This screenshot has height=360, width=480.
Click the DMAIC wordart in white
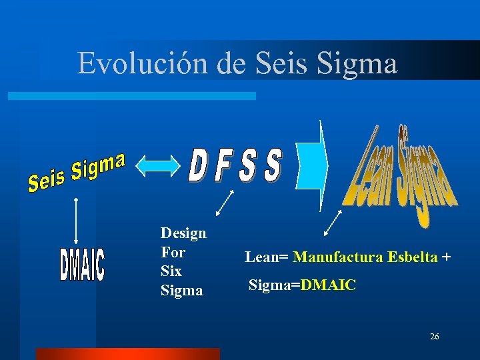(x=82, y=263)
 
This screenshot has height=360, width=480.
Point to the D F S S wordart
(x=235, y=165)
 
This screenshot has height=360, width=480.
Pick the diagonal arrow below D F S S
(x=225, y=203)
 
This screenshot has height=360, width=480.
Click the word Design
(x=183, y=233)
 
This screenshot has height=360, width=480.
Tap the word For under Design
(x=173, y=253)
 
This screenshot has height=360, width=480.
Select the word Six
(x=171, y=271)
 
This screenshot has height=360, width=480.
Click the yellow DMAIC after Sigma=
(x=329, y=286)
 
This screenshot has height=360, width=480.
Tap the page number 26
(x=435, y=337)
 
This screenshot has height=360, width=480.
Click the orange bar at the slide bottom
(x=127, y=353)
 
